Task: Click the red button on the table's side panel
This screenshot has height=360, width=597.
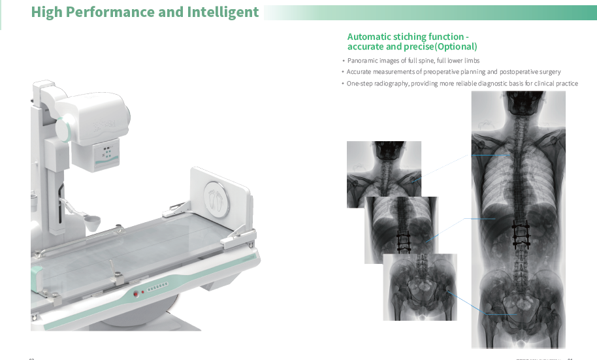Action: click(x=136, y=293)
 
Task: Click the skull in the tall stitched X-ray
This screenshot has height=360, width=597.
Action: click(x=519, y=106)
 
